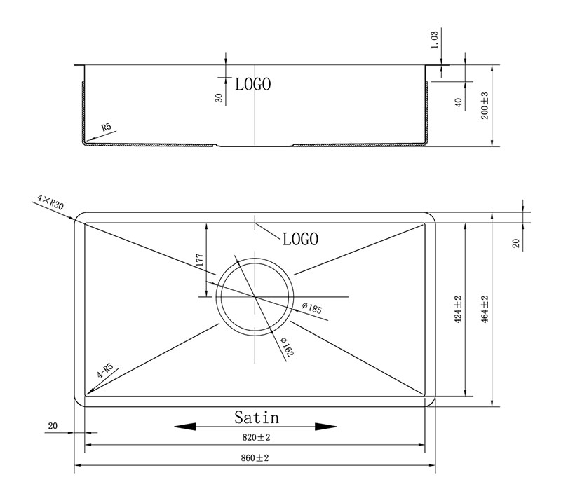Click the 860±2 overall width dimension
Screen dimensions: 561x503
255,458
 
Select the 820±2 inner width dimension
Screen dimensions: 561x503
256,437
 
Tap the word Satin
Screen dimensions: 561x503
257,418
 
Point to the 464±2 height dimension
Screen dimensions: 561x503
485,310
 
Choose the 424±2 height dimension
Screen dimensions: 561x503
458,310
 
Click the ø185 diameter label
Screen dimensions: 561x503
312,308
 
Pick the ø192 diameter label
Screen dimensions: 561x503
288,347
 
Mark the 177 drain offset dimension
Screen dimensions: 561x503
200,260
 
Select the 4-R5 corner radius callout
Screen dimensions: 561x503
105,371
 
